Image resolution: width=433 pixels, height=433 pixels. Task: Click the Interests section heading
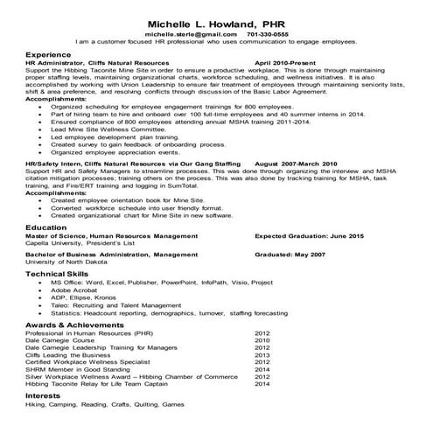43,395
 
